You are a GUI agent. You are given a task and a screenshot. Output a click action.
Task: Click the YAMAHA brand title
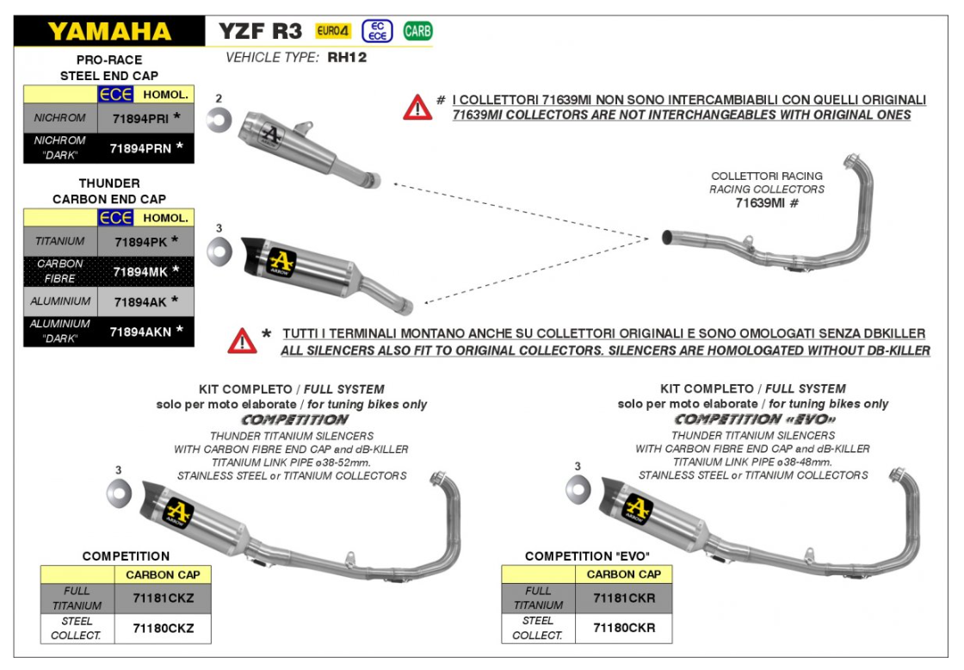(x=109, y=32)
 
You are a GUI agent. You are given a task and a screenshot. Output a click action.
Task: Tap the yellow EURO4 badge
(x=332, y=32)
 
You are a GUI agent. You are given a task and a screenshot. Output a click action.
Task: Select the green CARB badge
(x=417, y=32)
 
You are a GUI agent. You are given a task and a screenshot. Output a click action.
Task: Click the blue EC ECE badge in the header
(x=377, y=32)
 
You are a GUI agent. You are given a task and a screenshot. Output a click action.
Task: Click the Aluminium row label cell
(x=60, y=301)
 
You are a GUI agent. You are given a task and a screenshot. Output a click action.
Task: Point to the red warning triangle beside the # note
(x=417, y=107)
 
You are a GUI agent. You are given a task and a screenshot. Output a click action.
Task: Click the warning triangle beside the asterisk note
(x=243, y=341)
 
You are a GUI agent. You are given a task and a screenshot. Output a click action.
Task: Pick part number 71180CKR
(x=623, y=628)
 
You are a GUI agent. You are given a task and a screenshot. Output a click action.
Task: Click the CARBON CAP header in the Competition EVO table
(x=623, y=574)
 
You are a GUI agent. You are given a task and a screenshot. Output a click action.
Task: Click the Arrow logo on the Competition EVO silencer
(x=638, y=508)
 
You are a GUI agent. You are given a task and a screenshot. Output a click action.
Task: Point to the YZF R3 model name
(x=260, y=32)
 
